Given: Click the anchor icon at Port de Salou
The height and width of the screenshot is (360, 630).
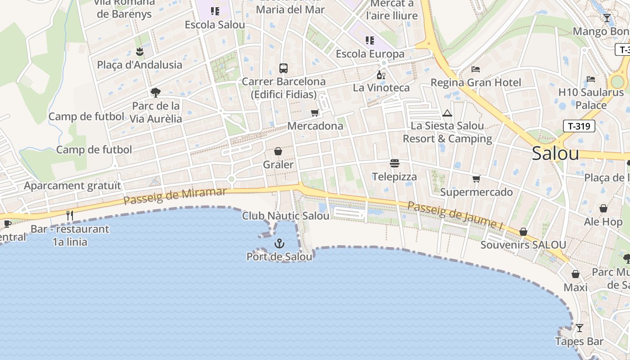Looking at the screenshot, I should [279, 243].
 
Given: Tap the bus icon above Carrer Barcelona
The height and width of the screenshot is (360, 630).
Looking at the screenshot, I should [283, 68].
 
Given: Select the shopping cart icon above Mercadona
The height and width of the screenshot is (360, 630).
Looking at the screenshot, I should [315, 112].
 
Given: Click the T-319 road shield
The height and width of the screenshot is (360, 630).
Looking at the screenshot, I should [579, 126].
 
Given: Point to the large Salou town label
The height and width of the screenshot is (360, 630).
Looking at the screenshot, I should [555, 153].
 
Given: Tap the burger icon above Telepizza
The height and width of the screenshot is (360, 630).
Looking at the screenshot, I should [395, 163].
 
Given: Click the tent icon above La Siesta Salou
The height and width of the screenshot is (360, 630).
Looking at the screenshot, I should [447, 113].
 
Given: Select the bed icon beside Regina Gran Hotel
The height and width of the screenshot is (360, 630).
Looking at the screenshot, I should [476, 69].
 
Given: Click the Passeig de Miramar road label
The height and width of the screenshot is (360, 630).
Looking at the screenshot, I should [175, 196].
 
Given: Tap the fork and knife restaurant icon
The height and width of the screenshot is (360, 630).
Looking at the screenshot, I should [70, 216].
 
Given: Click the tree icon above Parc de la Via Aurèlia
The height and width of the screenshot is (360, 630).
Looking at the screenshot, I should [156, 93].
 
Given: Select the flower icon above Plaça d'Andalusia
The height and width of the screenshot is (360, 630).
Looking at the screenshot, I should [139, 52].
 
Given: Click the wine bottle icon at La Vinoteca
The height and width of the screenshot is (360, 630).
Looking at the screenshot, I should [381, 75].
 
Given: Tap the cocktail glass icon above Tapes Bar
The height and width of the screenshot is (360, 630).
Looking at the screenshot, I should [580, 328].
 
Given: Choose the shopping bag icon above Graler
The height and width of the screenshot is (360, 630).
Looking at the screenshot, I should [278, 151].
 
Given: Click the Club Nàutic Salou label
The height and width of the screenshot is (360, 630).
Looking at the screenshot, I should [286, 216].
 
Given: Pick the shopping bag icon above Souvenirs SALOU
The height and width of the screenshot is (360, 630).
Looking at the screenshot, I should [523, 232].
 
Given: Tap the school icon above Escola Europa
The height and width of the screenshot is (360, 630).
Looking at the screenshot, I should [370, 41].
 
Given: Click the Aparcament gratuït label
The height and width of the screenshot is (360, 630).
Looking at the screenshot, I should [72, 185].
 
